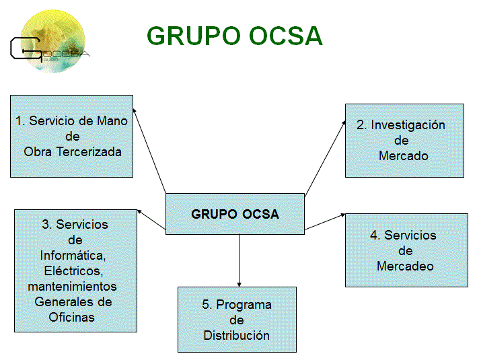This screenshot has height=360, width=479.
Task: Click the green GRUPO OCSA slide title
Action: [x=235, y=36]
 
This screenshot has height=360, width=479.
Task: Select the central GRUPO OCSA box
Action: [x=235, y=215]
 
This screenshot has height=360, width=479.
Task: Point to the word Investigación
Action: [x=408, y=124]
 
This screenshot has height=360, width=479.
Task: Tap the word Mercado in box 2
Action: [x=404, y=155]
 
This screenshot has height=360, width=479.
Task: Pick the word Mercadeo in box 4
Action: [x=405, y=266]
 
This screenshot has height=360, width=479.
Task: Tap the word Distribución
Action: [x=237, y=335]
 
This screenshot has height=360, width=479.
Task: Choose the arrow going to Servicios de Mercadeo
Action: [x=324, y=223]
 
